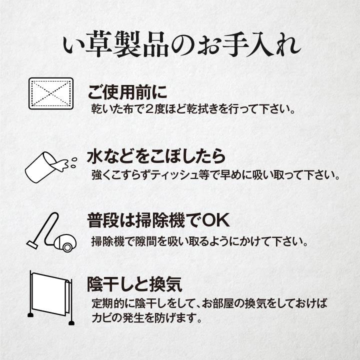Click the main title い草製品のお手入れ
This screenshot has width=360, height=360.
tap(182, 45)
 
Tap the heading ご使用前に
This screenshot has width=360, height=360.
tap(127, 92)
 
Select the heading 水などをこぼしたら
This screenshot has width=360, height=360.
tap(156, 156)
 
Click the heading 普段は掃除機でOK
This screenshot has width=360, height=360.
tap(158, 220)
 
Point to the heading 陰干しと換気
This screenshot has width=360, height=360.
tap(135, 284)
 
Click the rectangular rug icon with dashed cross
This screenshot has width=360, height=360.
tap(51, 93)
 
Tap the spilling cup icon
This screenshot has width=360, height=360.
tap(51, 167)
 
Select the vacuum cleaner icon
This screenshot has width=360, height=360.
tap(51, 232)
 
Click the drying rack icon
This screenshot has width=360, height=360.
tap(51, 298)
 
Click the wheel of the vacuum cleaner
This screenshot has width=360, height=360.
tap(67, 247)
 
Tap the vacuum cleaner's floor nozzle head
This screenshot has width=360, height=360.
tap(32, 244)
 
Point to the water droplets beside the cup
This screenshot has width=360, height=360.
tap(73, 162)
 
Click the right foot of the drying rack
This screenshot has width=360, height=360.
tap(71, 323)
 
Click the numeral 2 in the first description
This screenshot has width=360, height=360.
tap(149, 109)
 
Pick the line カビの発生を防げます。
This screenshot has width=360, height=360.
tap(147, 318)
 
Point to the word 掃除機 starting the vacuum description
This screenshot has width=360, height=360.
tap(108, 241)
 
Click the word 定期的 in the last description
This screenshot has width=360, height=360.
tap(108, 303)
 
